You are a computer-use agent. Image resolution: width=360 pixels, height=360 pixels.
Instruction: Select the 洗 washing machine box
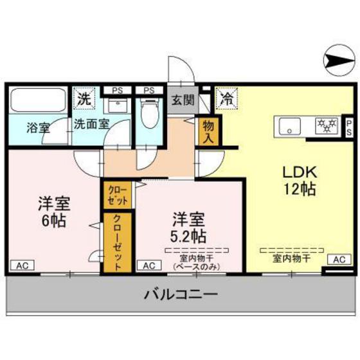pyautogui.click(x=83, y=100)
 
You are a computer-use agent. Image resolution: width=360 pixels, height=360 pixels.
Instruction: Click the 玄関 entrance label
pyautogui.click(x=181, y=100)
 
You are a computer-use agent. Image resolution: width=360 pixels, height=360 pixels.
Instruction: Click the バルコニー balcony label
pyautogui.click(x=181, y=295)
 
